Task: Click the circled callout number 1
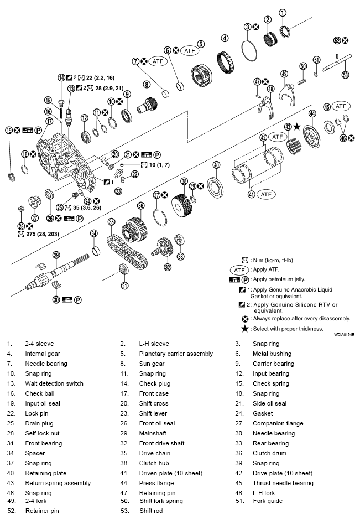[x=283, y=13]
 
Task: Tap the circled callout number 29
[x=56, y=255]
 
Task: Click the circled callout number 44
[x=312, y=114]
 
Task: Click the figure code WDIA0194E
[x=343, y=335]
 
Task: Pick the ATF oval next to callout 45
[x=342, y=106]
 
